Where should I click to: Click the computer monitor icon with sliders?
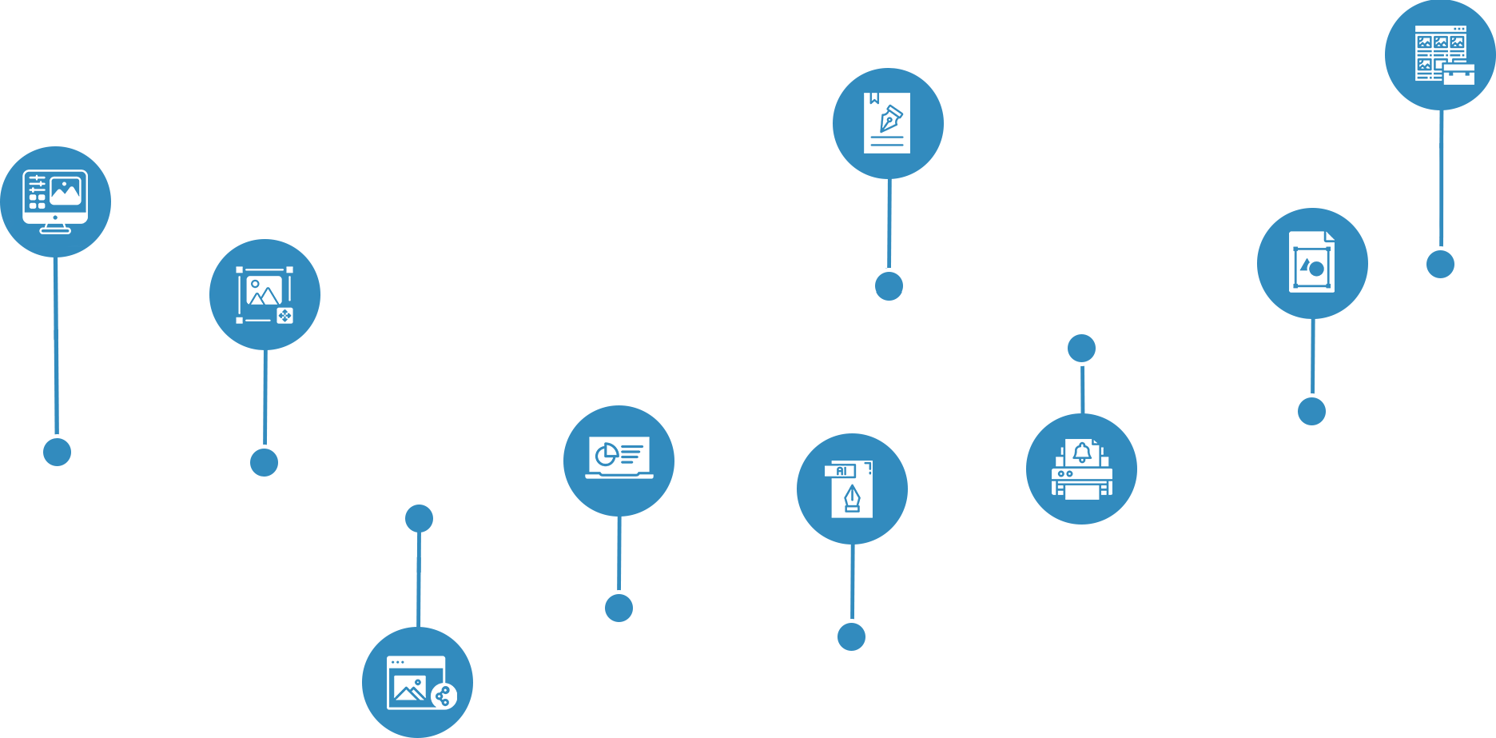[x=55, y=201]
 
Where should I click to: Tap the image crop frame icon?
[x=265, y=294]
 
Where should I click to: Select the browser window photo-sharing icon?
[x=417, y=683]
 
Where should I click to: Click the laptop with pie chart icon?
[x=619, y=461]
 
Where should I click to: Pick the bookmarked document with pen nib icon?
[x=888, y=123]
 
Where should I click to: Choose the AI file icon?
[x=852, y=489]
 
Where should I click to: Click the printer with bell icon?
[x=1081, y=469]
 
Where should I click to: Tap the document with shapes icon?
[x=1312, y=263]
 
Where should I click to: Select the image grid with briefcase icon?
[x=1441, y=54]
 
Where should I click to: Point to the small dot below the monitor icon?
[x=57, y=452]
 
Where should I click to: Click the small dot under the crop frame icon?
[x=264, y=462]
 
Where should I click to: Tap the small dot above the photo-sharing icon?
[x=419, y=518]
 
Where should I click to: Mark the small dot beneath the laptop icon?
[x=619, y=608]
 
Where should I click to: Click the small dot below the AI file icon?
[x=851, y=636]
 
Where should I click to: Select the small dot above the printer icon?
[x=1081, y=348]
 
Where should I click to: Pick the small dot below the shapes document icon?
[x=1311, y=411]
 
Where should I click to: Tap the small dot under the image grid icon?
[x=1440, y=264]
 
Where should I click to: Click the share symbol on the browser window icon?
[x=444, y=696]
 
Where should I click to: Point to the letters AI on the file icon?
[x=841, y=471]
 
